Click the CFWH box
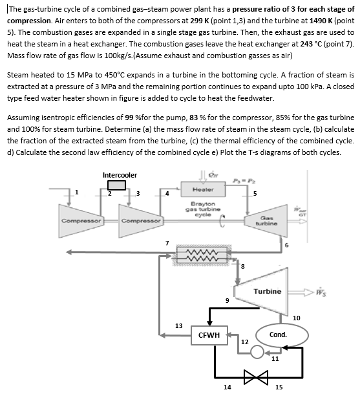point(209,334)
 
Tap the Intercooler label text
point(120,175)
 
